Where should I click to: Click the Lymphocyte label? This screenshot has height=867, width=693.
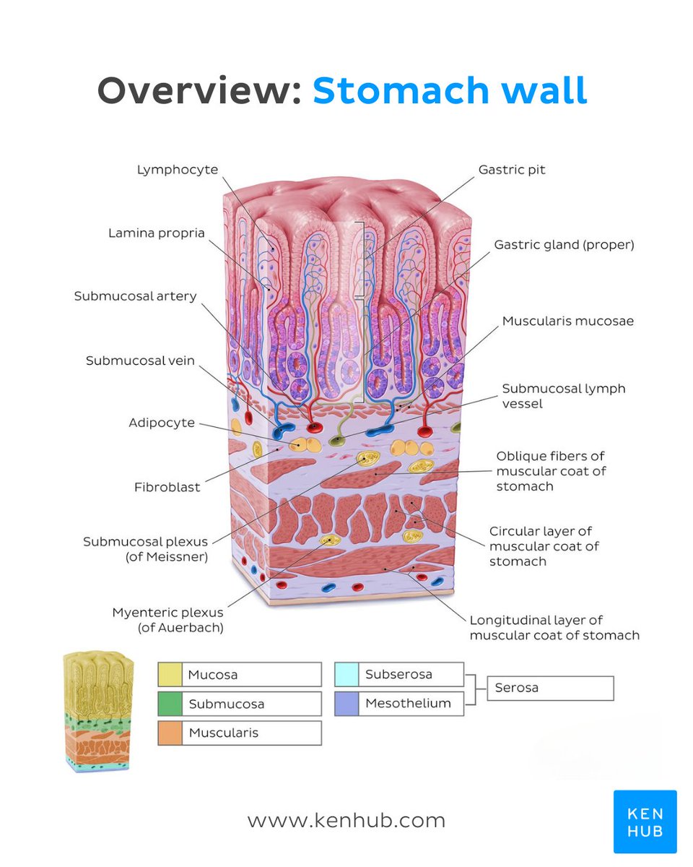pos(177,169)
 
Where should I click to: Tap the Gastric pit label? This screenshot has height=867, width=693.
pos(512,170)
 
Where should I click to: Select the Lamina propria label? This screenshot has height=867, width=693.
pos(157,233)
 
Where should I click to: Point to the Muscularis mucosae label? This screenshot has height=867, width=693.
pos(568,320)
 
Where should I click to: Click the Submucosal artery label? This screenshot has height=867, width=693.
pos(135,296)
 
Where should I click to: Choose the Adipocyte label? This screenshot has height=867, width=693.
pos(162,423)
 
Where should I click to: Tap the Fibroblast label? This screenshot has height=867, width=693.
pos(167,487)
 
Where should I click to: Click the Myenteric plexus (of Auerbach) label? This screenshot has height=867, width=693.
pos(167,620)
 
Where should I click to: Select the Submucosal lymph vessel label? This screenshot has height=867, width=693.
pos(564,396)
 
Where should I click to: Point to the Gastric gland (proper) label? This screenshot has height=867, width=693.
pos(564,245)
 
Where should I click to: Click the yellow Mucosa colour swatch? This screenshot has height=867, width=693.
pos(170,675)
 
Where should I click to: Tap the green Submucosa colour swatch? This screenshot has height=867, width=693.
pos(170,704)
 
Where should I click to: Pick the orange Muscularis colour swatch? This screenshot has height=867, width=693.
pos(170,733)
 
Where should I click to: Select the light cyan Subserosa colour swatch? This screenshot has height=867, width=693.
pos(346,674)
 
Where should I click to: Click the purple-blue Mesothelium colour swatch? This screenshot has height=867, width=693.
pos(346,703)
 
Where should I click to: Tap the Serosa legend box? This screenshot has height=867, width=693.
pos(551,689)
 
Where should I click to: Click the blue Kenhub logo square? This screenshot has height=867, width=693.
pos(645,821)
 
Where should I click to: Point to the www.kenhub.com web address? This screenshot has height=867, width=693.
pos(346,821)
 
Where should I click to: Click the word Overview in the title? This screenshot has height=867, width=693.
pos(199,91)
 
